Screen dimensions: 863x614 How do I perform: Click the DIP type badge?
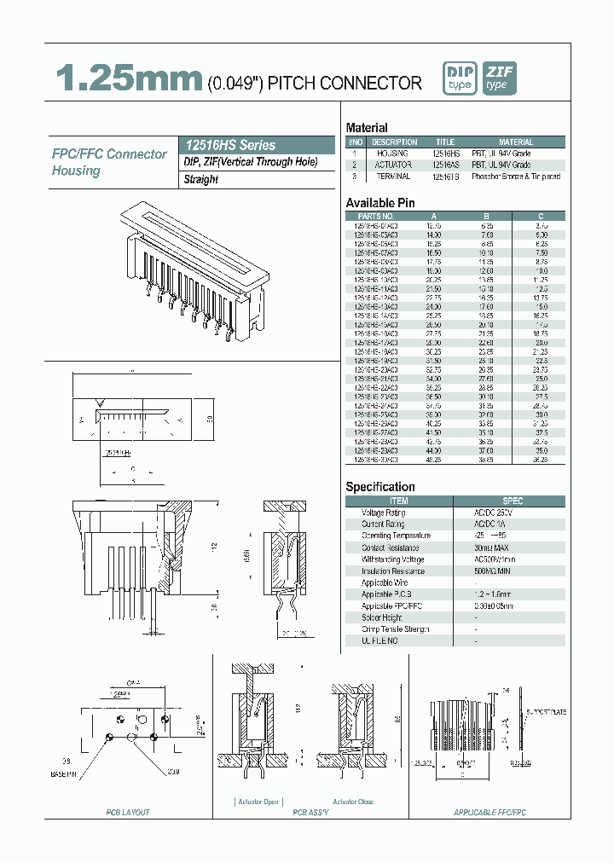click(460, 78)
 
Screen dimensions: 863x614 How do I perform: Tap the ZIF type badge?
click(499, 78)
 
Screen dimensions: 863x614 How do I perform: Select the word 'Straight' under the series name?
click(201, 180)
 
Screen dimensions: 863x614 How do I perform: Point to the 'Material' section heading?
click(367, 128)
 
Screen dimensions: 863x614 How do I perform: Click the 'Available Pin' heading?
click(380, 203)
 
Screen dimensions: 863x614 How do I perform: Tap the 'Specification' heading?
click(380, 487)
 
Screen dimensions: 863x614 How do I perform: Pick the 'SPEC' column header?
click(513, 501)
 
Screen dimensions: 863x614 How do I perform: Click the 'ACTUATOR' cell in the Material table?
click(393, 165)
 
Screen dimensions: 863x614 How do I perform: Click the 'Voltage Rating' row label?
click(384, 513)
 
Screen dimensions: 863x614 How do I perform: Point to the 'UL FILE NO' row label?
click(380, 640)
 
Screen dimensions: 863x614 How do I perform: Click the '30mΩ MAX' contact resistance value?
click(491, 548)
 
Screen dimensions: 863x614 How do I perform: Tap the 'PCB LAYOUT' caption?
click(128, 813)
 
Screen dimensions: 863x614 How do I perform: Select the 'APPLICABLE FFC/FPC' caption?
click(490, 813)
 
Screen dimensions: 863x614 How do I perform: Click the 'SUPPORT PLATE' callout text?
click(547, 711)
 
